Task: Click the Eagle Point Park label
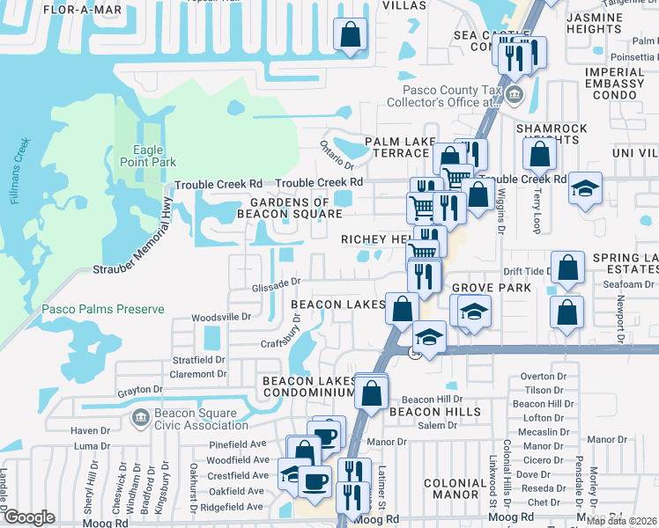point(148,156)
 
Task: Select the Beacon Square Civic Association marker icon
point(139,415)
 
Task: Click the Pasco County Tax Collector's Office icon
point(515,95)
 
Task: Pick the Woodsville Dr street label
point(221,316)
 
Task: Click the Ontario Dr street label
point(337,154)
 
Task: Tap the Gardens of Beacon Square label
point(289,208)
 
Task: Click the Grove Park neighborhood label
point(491,287)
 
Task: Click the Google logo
point(30,517)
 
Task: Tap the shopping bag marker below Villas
point(351,37)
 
